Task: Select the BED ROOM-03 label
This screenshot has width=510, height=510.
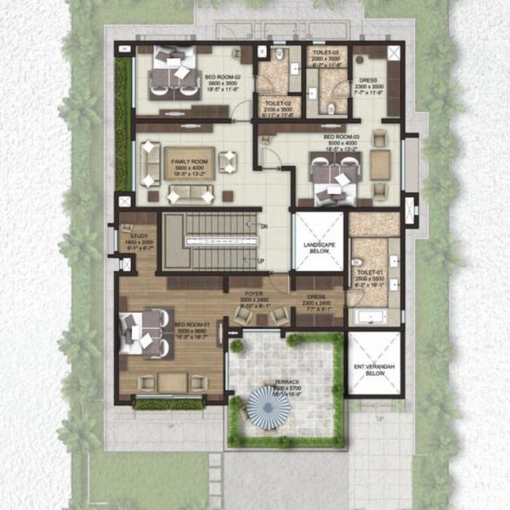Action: coord(340,137)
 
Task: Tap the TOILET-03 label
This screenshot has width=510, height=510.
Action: coord(326,52)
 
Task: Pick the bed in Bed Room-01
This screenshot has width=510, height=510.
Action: coord(142,331)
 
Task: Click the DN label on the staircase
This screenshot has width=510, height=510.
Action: coord(263,225)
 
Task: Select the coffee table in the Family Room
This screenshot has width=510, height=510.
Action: coord(178,163)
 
